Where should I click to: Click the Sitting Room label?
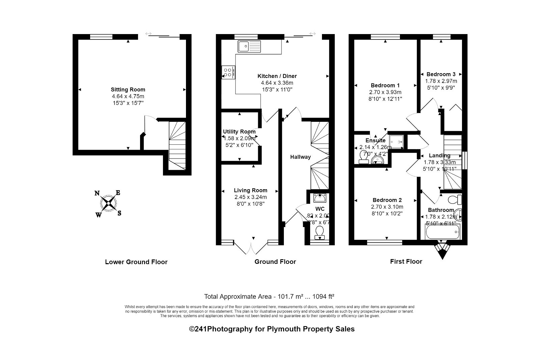(128, 89)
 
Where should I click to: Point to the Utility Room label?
(239, 132)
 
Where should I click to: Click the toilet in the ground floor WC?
(319, 232)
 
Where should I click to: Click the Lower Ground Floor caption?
(136, 262)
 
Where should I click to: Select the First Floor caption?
(406, 261)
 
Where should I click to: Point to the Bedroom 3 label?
(441, 74)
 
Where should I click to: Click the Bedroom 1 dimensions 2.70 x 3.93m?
(385, 92)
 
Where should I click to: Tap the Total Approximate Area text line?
(269, 297)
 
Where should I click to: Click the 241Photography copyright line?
(272, 329)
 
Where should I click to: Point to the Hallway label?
(300, 157)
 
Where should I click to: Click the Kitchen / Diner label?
(277, 76)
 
